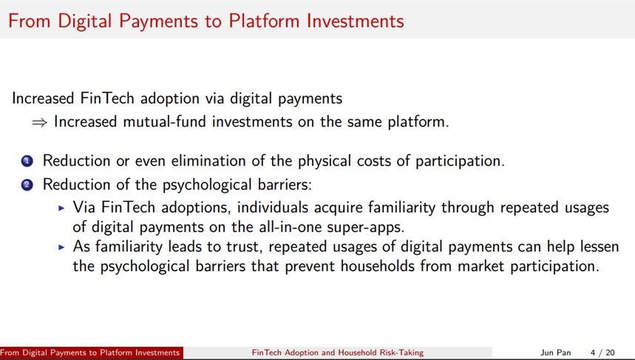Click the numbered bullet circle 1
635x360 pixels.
(27, 161)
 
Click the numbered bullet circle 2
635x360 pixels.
(27, 185)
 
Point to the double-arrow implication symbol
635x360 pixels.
(40, 122)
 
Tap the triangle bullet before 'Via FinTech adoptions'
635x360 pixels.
(61, 208)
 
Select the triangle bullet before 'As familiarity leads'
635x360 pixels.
(61, 247)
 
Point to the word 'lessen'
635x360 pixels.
(600, 247)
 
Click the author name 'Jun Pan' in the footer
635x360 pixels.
(555, 353)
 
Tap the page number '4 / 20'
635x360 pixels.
(602, 353)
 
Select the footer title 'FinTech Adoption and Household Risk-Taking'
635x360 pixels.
(338, 353)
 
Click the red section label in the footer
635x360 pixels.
(92, 353)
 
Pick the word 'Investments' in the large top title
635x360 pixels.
(355, 21)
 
